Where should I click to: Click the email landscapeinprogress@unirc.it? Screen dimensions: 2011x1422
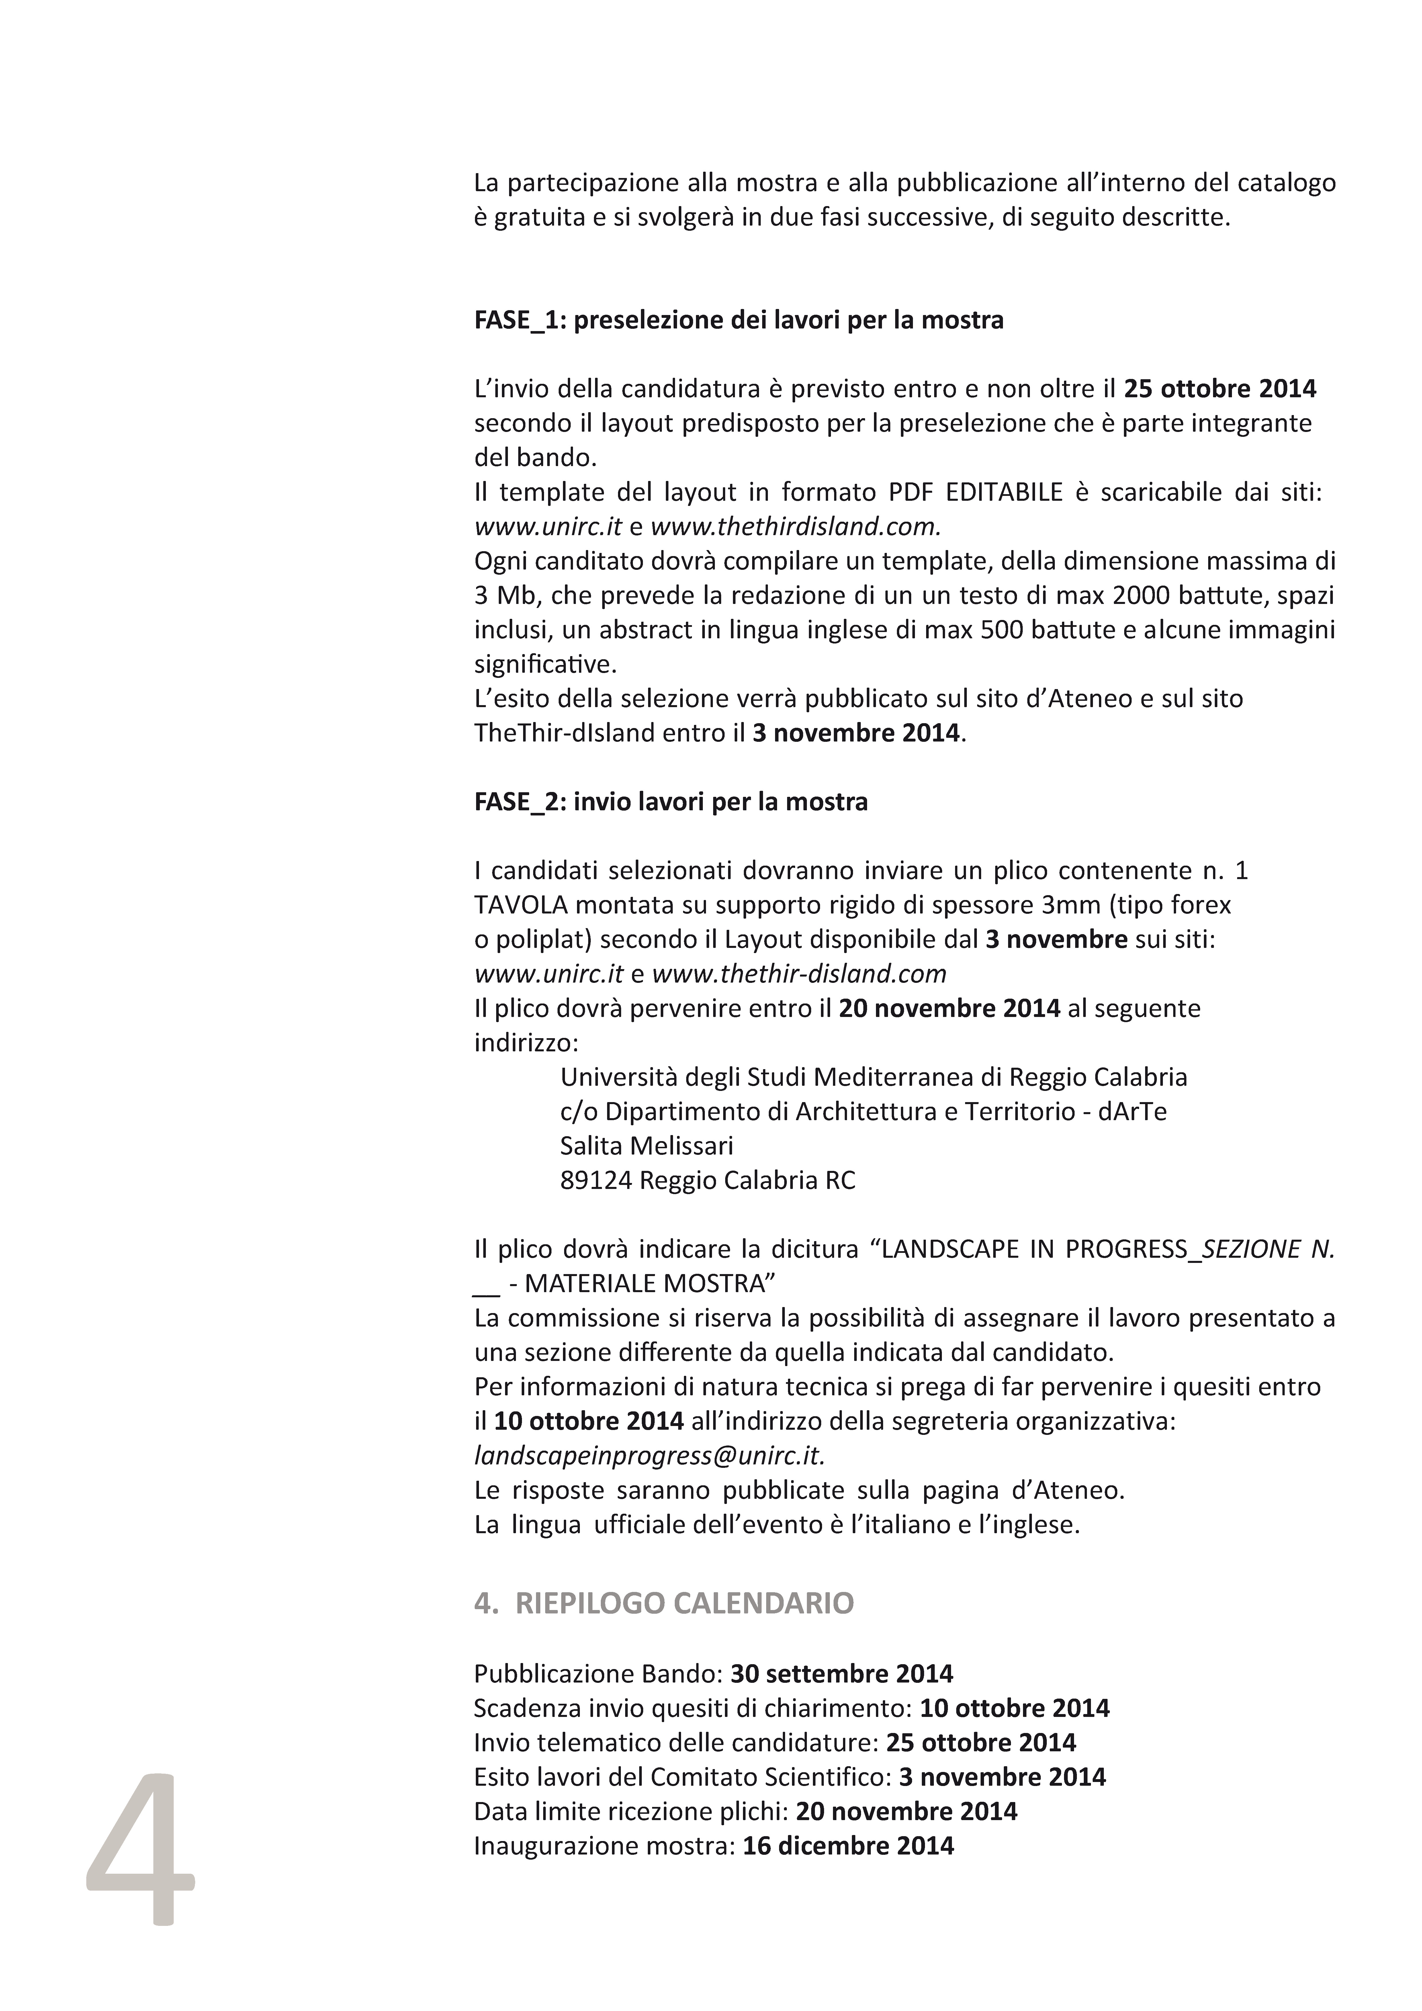pos(649,1455)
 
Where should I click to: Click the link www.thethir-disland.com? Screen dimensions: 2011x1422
pos(799,973)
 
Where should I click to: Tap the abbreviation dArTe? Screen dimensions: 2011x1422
pos(1135,1112)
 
